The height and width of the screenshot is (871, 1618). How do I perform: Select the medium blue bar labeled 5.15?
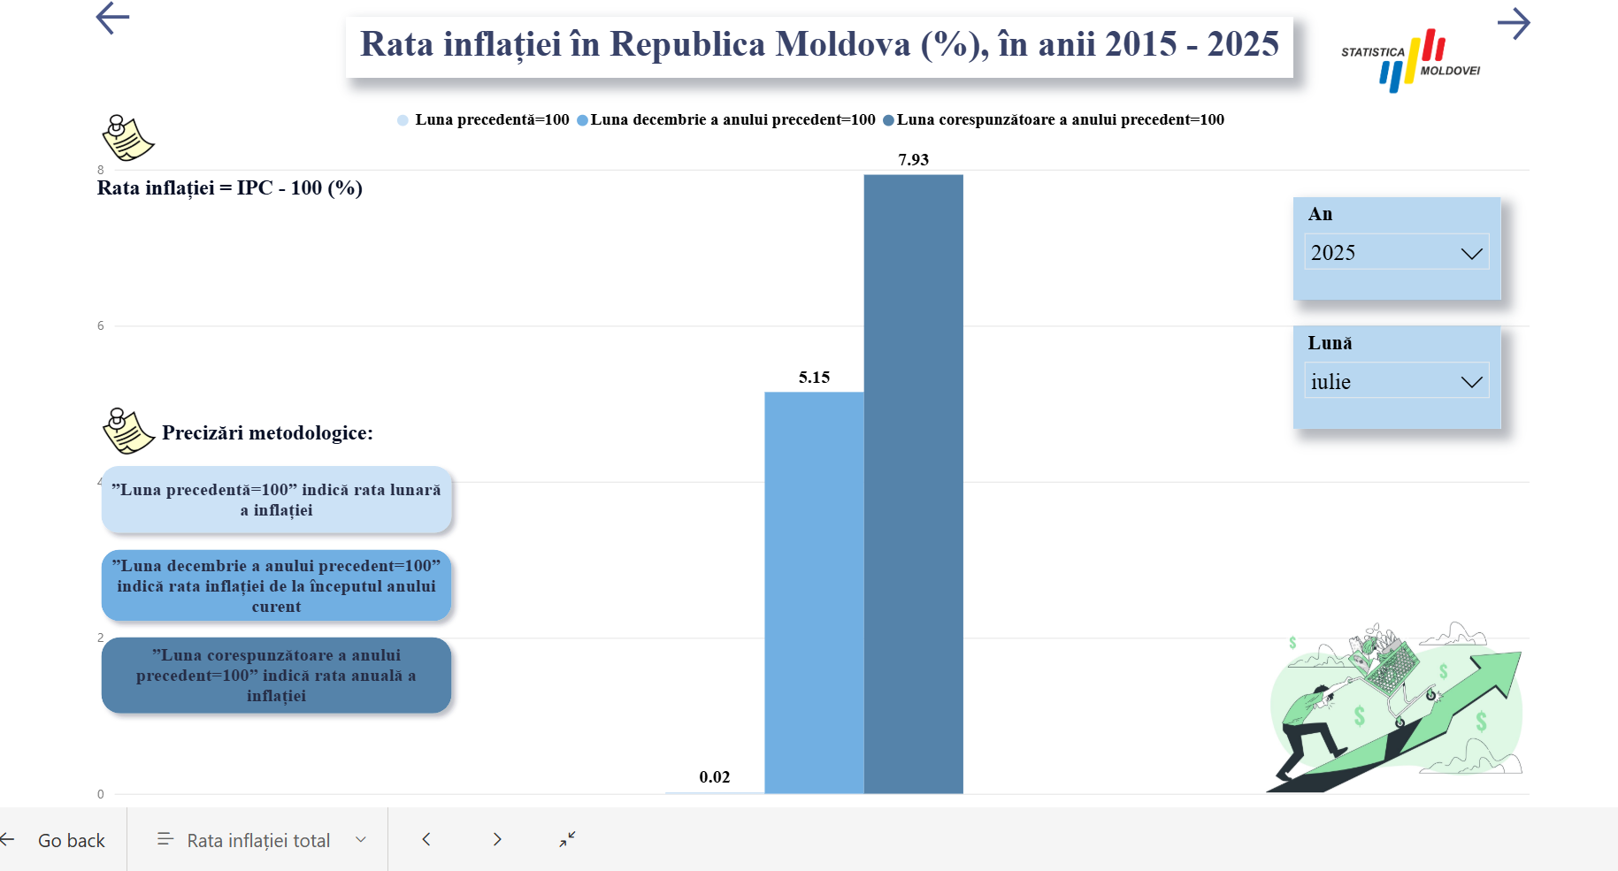point(814,592)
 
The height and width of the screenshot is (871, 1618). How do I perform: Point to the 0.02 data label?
point(715,777)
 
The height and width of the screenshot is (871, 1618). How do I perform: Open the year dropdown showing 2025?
point(1396,253)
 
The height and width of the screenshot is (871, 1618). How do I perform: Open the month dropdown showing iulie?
point(1396,381)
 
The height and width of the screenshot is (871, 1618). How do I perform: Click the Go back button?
point(62,840)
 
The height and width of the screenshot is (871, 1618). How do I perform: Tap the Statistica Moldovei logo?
point(1411,59)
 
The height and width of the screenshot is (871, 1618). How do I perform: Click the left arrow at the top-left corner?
point(112,18)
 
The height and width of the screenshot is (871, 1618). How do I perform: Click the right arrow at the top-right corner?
point(1514,24)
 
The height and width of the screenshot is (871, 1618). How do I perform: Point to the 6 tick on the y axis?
point(101,326)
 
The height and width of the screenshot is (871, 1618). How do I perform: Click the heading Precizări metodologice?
point(267,433)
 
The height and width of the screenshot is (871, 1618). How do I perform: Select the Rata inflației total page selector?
point(258,840)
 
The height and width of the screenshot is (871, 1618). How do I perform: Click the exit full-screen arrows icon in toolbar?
point(567,839)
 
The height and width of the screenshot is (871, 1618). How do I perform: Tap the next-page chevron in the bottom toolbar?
point(497,839)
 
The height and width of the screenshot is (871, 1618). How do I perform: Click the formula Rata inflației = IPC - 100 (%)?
point(230,188)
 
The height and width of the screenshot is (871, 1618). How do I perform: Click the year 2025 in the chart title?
point(1243,44)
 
